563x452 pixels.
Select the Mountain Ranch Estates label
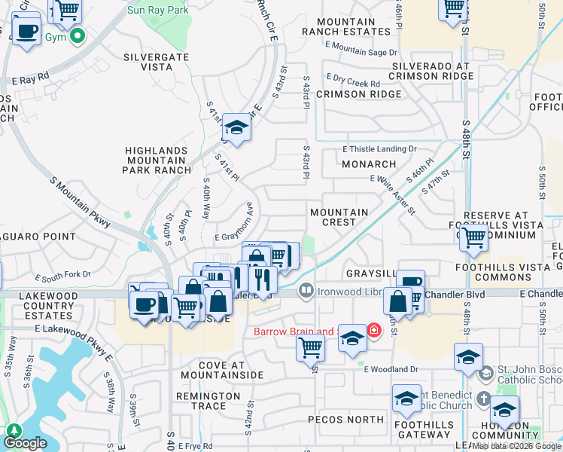(x=348, y=27)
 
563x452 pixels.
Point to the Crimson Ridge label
(x=358, y=94)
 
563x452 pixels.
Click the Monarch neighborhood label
(x=369, y=164)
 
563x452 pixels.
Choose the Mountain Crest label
(x=339, y=217)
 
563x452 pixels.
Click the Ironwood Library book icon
(x=306, y=290)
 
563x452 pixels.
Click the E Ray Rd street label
(x=30, y=77)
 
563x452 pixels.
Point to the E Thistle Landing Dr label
(x=379, y=149)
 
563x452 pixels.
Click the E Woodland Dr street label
(x=390, y=369)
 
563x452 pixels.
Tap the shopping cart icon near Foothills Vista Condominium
(x=473, y=238)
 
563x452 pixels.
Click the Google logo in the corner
(x=24, y=443)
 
